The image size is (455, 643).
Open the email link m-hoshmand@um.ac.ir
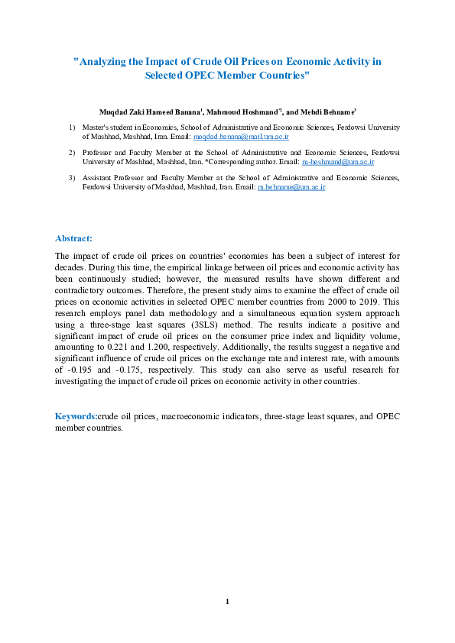point(338,163)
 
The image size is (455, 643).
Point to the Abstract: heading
point(74,238)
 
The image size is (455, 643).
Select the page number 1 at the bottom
point(227,602)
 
